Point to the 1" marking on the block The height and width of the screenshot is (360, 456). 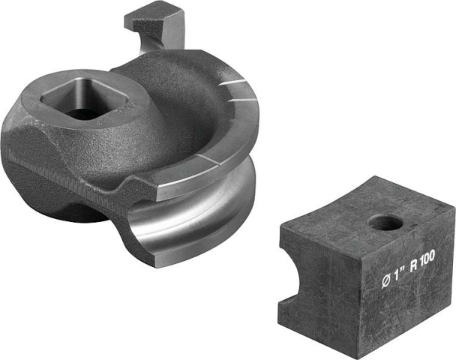pyautogui.click(x=400, y=276)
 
